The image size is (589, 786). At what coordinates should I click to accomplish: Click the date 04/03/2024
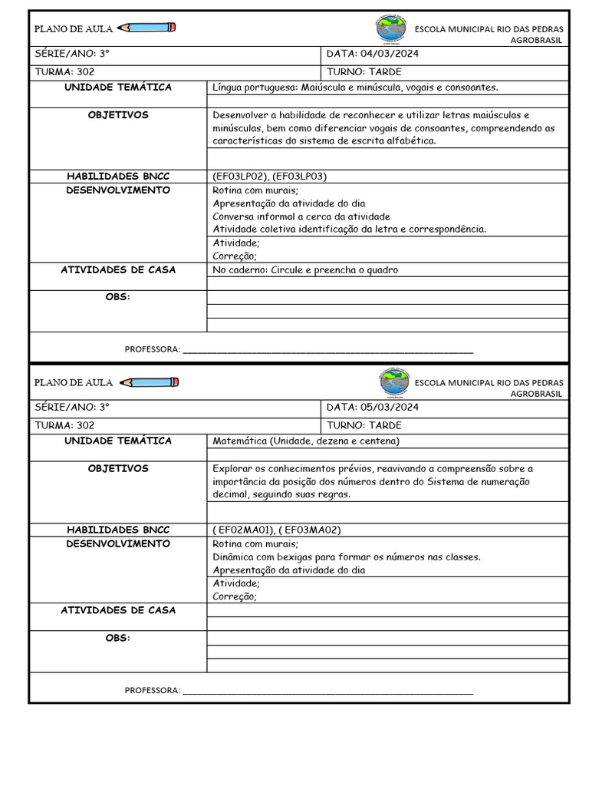(x=389, y=54)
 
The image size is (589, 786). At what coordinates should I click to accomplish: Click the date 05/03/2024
(x=389, y=408)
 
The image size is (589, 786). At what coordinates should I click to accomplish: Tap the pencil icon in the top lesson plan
(x=147, y=28)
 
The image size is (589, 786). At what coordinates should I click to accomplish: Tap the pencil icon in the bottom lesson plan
(x=150, y=382)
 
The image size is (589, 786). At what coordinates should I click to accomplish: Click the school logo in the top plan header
(x=392, y=28)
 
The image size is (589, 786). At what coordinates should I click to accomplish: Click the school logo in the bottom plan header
(x=395, y=382)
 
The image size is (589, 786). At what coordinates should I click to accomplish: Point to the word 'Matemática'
(x=239, y=441)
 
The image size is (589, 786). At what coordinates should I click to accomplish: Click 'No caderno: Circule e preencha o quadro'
(x=305, y=270)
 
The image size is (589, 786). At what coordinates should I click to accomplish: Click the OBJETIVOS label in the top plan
(x=118, y=115)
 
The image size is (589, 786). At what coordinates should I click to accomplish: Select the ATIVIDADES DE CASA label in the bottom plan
(x=118, y=611)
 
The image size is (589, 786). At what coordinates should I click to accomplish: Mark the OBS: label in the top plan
(x=118, y=298)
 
